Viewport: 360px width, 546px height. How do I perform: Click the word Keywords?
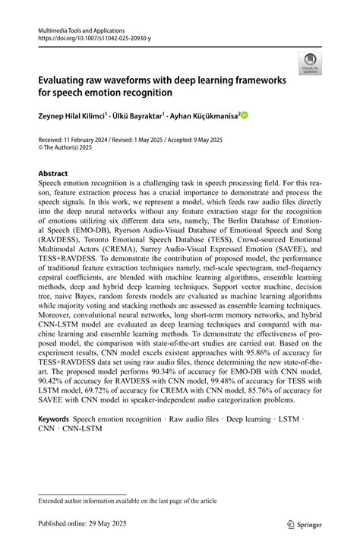tap(54, 418)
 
